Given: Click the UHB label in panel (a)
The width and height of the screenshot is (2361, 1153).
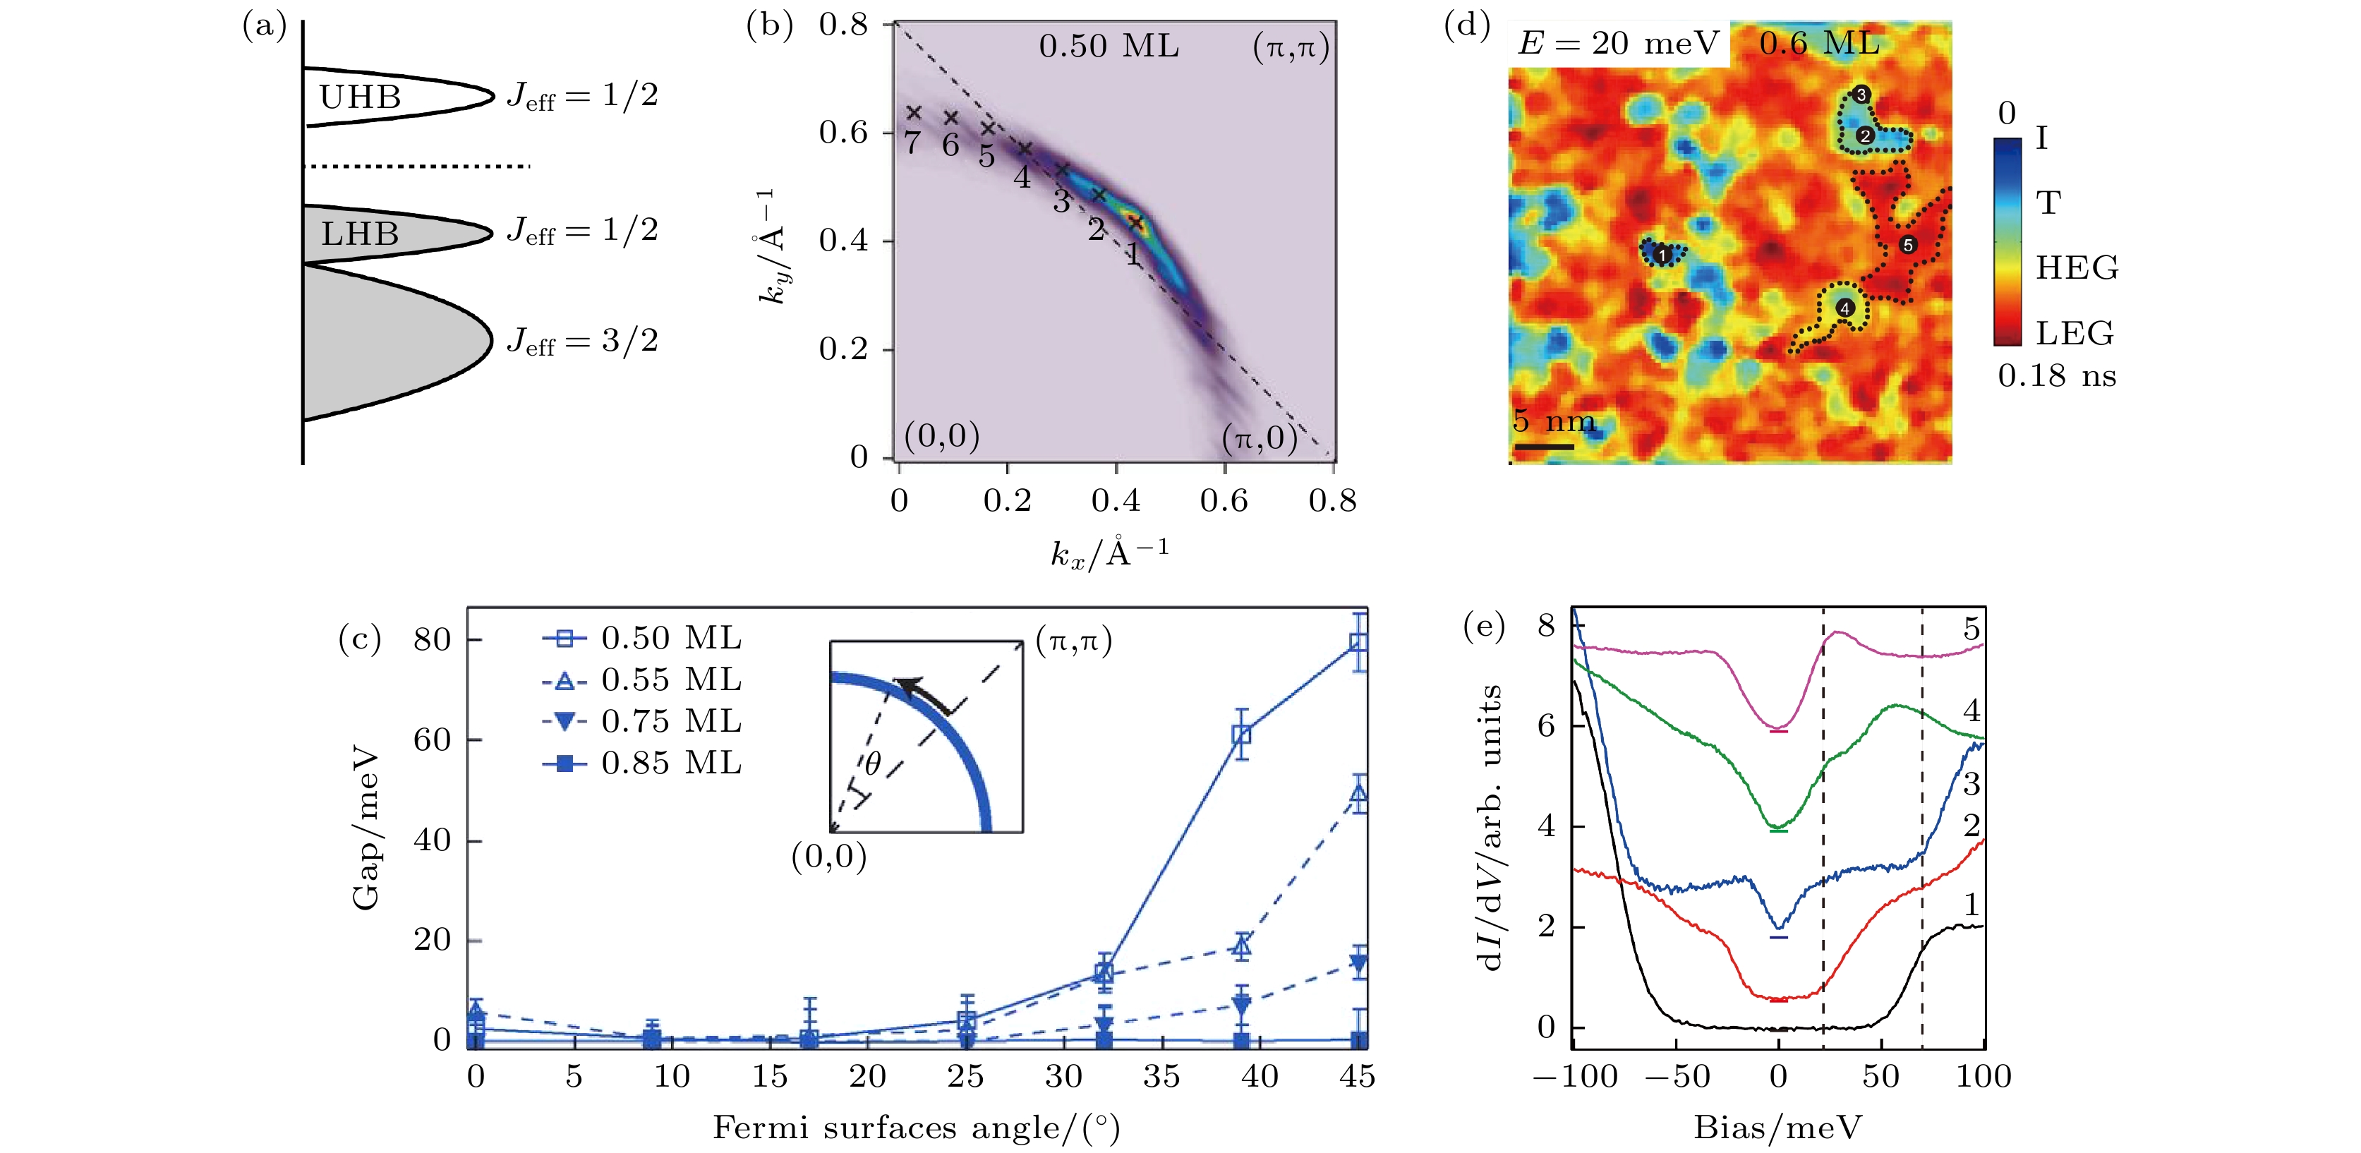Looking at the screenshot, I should pos(360,97).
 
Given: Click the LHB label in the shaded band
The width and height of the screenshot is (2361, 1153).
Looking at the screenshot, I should pos(360,234).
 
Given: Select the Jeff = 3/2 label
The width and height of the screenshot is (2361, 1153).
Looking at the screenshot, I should pos(583,341).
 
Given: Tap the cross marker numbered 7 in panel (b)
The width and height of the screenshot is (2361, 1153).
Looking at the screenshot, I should pos(914,113).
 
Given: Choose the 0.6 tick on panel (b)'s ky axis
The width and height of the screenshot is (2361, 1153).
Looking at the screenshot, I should pos(843,133).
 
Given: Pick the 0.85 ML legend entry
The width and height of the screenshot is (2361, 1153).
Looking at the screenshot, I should pos(641,763).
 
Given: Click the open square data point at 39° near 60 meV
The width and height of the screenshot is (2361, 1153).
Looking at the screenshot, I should pos(1241,735).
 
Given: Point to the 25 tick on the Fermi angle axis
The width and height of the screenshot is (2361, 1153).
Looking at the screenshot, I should pos(966,1076).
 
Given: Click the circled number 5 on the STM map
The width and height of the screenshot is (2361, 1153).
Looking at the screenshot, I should pos(1907,245).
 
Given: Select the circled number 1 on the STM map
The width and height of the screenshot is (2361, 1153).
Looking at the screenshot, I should pos(1662,255).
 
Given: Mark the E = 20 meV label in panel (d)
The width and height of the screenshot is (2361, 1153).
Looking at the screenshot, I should pos(1619,43).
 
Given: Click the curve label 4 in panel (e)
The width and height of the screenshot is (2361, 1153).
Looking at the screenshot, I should pos(1971,711).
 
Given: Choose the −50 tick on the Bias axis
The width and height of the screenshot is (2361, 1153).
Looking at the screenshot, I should pos(1677,1076).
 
